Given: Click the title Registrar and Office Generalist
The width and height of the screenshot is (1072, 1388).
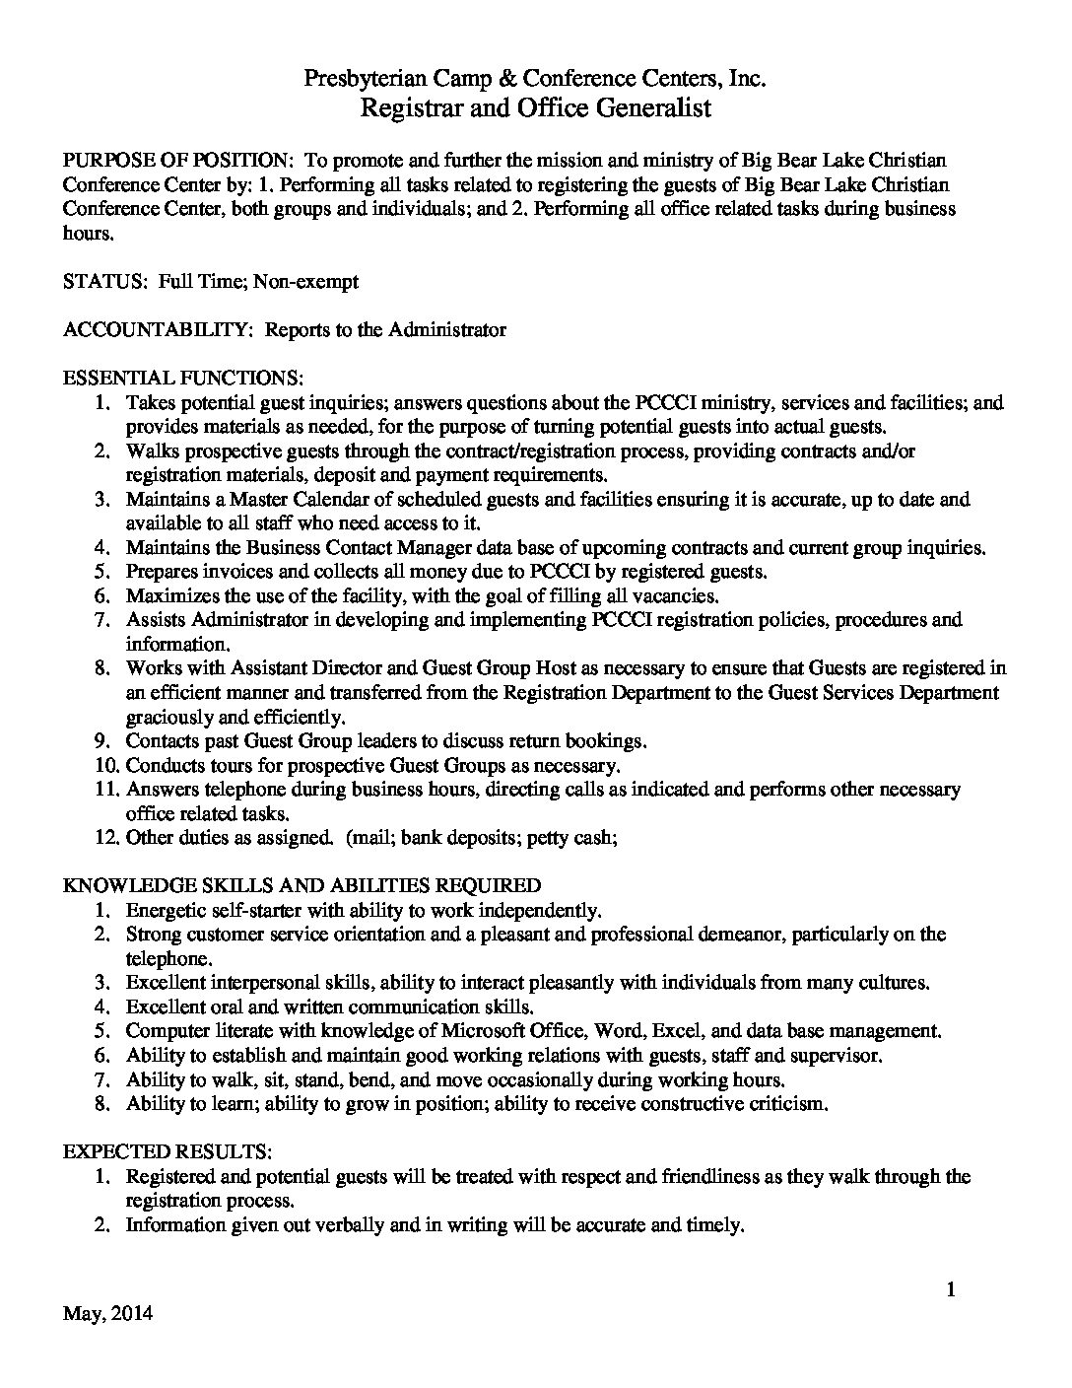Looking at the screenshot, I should (x=535, y=108).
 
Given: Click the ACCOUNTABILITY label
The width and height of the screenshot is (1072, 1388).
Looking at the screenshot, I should (x=158, y=330).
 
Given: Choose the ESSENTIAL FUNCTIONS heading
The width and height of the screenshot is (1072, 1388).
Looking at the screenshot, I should (x=183, y=379).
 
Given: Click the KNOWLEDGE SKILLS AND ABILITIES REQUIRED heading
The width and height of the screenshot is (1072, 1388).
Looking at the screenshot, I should (x=301, y=886).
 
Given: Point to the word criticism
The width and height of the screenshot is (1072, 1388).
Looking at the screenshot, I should (x=785, y=1104).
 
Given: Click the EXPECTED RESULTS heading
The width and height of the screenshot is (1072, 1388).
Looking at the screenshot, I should (x=168, y=1151).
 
